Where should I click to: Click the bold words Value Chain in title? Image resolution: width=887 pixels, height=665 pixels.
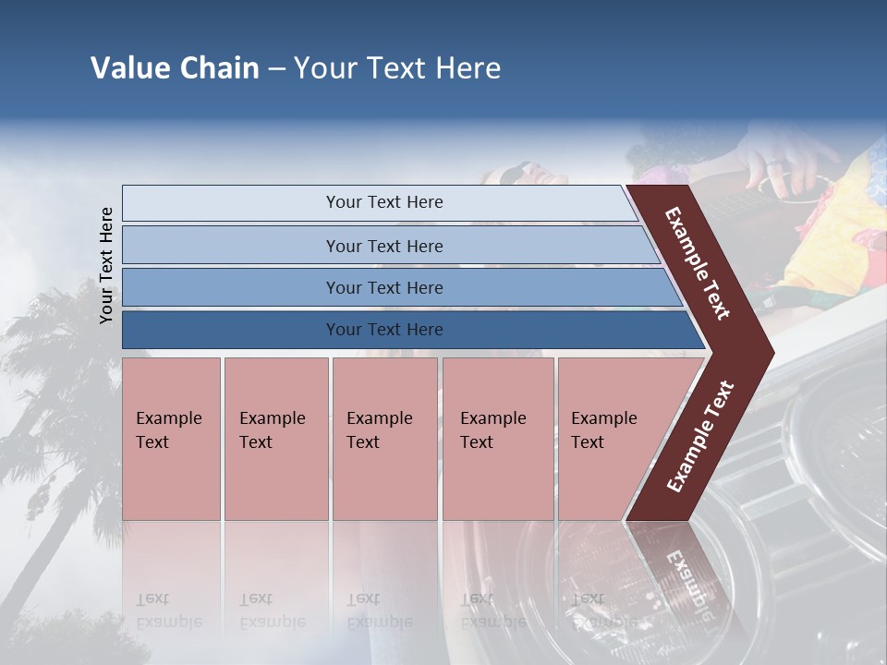[x=175, y=68]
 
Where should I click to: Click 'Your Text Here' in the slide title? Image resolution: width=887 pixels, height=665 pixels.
[x=397, y=68]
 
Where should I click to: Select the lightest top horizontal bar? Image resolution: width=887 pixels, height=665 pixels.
[x=383, y=202]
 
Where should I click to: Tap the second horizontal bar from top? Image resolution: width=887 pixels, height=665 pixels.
[x=383, y=246]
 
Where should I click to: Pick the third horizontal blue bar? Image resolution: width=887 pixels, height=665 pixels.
[x=383, y=287]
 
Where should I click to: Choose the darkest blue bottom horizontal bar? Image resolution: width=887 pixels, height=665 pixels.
[x=383, y=330]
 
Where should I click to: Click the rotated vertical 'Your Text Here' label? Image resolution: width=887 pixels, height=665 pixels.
[x=106, y=265]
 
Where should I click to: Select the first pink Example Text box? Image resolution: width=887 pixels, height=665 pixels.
[x=171, y=439]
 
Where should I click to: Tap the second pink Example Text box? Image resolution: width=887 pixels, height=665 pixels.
[x=275, y=439]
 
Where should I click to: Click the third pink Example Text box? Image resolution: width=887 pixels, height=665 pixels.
[x=384, y=439]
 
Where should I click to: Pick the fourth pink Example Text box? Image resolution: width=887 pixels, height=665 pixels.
[x=497, y=439]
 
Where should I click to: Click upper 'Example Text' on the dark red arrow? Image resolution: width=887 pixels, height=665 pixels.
[x=698, y=263]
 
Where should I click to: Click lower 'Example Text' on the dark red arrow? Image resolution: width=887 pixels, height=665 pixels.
[x=700, y=437]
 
